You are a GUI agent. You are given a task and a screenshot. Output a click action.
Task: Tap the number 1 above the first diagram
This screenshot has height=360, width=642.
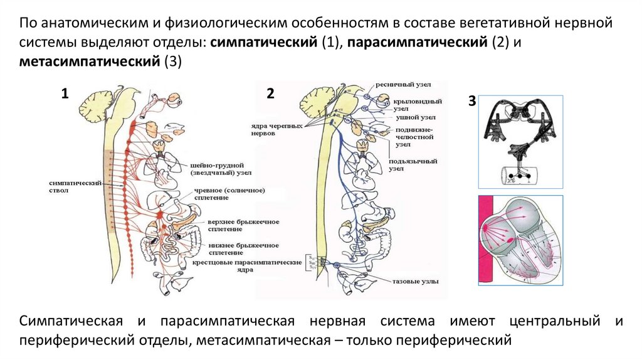pyautogui.click(x=65, y=94)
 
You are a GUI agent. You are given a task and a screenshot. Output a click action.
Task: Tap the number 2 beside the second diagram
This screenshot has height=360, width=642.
pyautogui.click(x=270, y=94)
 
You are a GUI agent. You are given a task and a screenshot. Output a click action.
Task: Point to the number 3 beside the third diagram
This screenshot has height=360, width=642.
pyautogui.click(x=471, y=102)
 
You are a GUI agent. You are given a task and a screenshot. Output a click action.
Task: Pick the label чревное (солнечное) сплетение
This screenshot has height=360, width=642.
pyautogui.click(x=226, y=194)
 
